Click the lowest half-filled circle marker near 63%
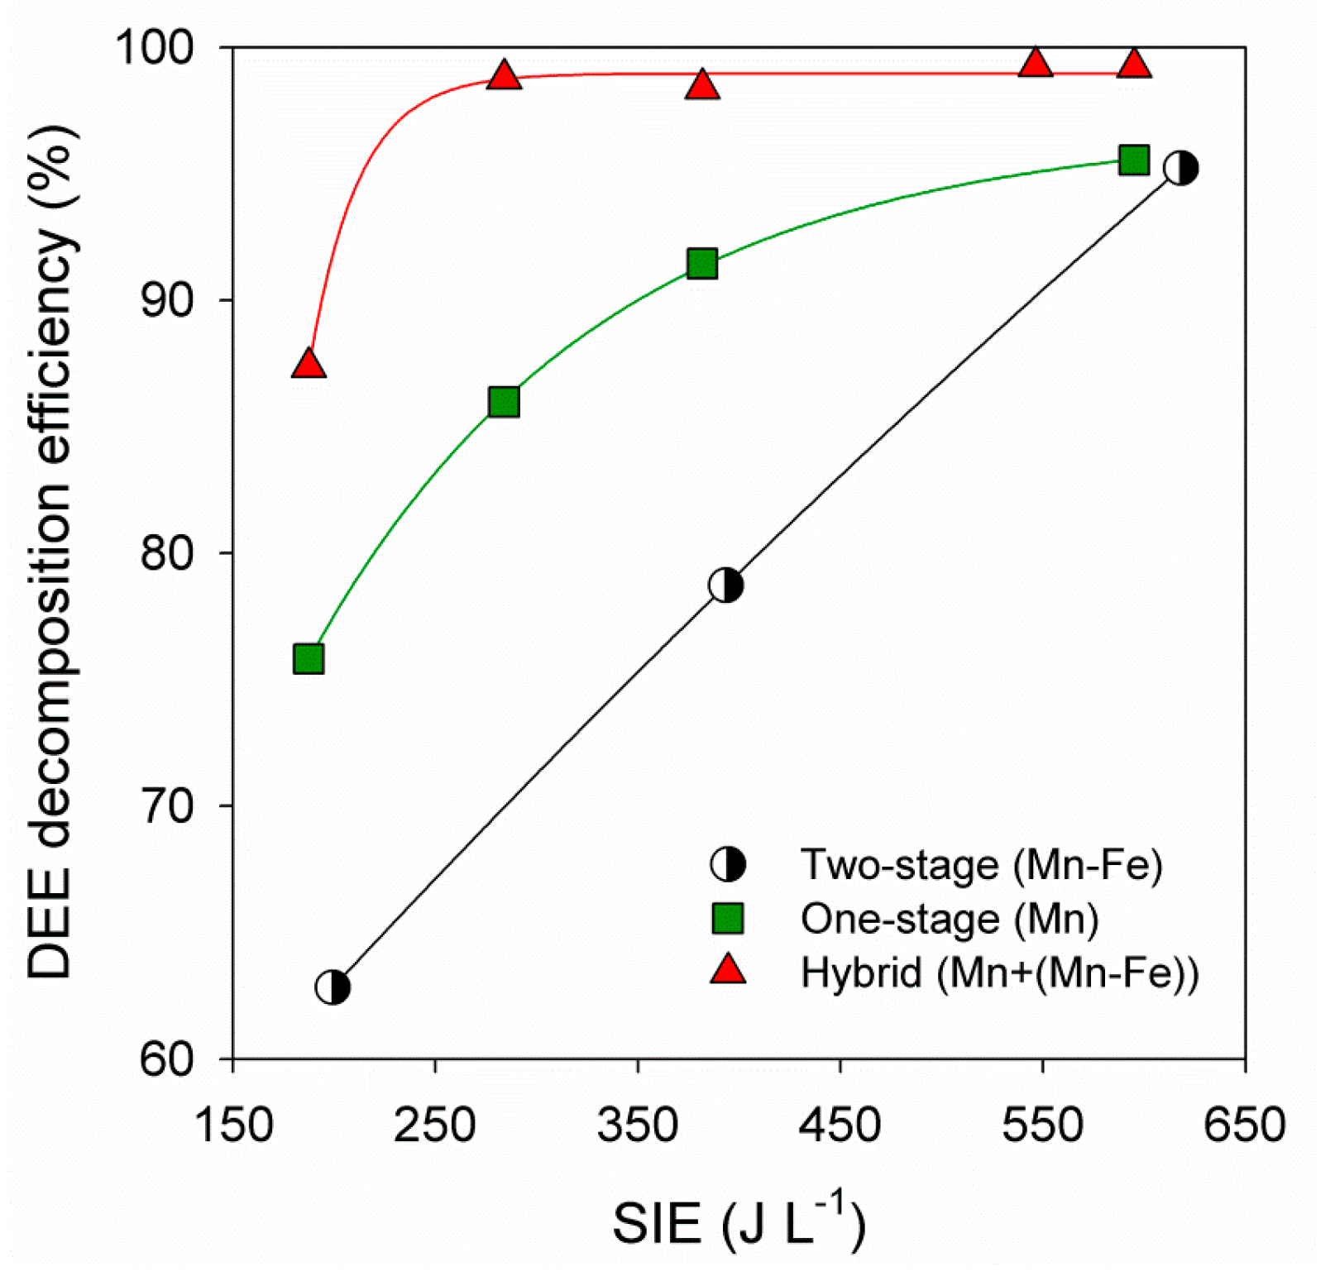333,987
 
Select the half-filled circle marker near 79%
725,585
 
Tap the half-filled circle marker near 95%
1180,168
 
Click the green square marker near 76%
309,659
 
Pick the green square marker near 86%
504,402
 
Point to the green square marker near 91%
702,264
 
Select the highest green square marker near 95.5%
1133,160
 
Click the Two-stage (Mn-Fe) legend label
982,865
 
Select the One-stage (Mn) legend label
950,919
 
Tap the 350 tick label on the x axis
638,1125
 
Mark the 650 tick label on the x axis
1244,1125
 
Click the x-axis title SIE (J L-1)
739,1223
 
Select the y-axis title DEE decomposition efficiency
51,552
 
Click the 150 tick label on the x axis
233,1125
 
